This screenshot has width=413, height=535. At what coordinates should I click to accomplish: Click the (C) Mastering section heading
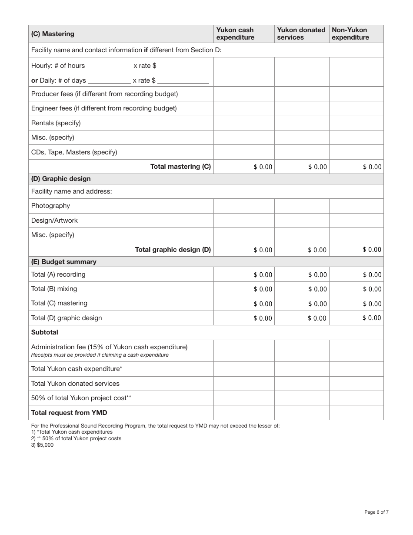[x=53, y=34]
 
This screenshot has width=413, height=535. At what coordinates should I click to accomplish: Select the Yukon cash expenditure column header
[x=235, y=34]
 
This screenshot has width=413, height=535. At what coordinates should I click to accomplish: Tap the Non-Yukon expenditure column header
[x=350, y=34]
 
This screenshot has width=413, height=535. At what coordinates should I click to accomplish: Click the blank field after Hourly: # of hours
[x=109, y=66]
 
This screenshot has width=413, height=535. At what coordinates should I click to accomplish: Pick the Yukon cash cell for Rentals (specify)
[x=244, y=123]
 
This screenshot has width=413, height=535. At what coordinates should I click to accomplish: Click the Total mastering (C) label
[x=180, y=167]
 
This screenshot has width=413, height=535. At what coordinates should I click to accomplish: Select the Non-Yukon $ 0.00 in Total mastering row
[x=372, y=167]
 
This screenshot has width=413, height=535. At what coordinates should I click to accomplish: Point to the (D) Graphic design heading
[x=61, y=179]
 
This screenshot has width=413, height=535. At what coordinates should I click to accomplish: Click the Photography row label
[x=50, y=206]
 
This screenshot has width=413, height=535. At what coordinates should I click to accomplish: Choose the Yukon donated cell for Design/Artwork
[x=302, y=221]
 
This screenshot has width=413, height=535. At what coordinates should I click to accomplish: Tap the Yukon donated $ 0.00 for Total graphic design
[x=317, y=250]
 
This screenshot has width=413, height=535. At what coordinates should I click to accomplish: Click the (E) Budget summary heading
[x=64, y=262]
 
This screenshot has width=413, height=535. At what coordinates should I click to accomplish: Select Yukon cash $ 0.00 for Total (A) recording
[x=263, y=275]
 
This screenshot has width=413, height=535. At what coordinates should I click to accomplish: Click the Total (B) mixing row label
[x=54, y=289]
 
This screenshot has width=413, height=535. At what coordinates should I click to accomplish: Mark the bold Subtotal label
[x=44, y=332]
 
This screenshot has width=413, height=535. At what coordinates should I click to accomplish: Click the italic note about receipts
[x=100, y=355]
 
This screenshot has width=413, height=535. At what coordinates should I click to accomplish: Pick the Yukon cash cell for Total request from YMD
[x=244, y=413]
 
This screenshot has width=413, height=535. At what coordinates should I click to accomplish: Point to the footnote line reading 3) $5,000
[x=42, y=445]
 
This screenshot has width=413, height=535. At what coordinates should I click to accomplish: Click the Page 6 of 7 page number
[x=376, y=512]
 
